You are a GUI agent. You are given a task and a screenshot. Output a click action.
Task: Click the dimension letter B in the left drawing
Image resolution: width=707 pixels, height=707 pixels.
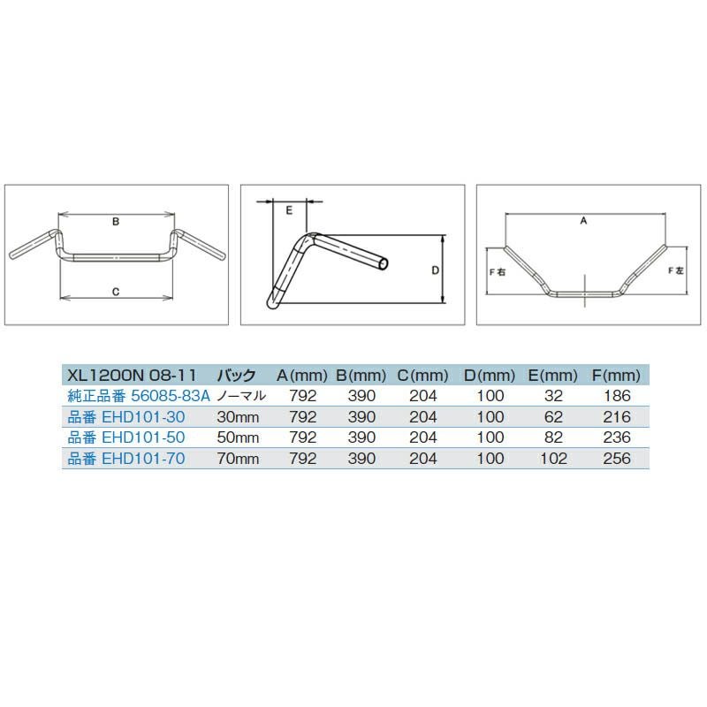116,222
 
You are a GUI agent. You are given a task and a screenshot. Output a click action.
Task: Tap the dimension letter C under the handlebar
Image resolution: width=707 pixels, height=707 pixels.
116,292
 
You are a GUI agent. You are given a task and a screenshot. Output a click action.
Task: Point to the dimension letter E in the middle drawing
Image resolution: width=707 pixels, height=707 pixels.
289,210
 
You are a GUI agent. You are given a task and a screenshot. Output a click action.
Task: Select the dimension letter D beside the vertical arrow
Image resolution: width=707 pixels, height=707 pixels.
435,270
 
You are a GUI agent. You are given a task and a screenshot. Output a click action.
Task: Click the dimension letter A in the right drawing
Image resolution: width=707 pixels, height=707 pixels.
583,220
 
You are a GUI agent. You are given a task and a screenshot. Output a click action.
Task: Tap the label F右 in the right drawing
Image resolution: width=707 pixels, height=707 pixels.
498,272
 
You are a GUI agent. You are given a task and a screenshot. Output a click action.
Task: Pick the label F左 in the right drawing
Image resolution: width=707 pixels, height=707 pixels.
675,270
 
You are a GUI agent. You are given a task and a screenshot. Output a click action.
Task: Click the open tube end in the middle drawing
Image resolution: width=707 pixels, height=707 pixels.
384,264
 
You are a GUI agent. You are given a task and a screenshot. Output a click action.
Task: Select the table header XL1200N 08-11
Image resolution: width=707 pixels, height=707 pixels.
132,375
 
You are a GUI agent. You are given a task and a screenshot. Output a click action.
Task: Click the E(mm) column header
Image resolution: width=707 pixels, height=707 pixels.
553,375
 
